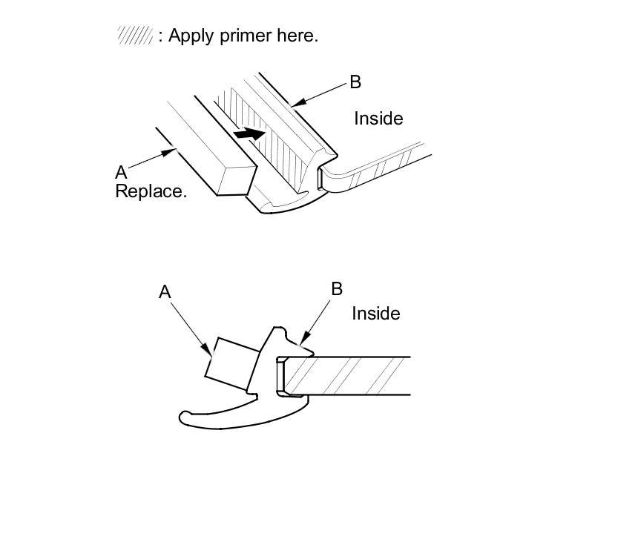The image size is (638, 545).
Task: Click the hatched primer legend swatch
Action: tap(135, 36)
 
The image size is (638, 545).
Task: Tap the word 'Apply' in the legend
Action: tap(192, 36)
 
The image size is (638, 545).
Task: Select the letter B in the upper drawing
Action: tap(355, 82)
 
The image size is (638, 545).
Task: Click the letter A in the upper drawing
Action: tap(121, 173)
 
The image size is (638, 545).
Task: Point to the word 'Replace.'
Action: tap(151, 191)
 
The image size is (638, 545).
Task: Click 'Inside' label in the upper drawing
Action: tap(378, 119)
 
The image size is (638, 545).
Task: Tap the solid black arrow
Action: tap(249, 133)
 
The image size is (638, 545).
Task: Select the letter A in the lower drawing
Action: tap(165, 292)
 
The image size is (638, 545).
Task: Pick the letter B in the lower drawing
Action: tap(337, 288)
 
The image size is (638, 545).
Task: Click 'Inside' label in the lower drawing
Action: tap(375, 314)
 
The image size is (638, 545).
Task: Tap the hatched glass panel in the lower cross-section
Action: tap(349, 375)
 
